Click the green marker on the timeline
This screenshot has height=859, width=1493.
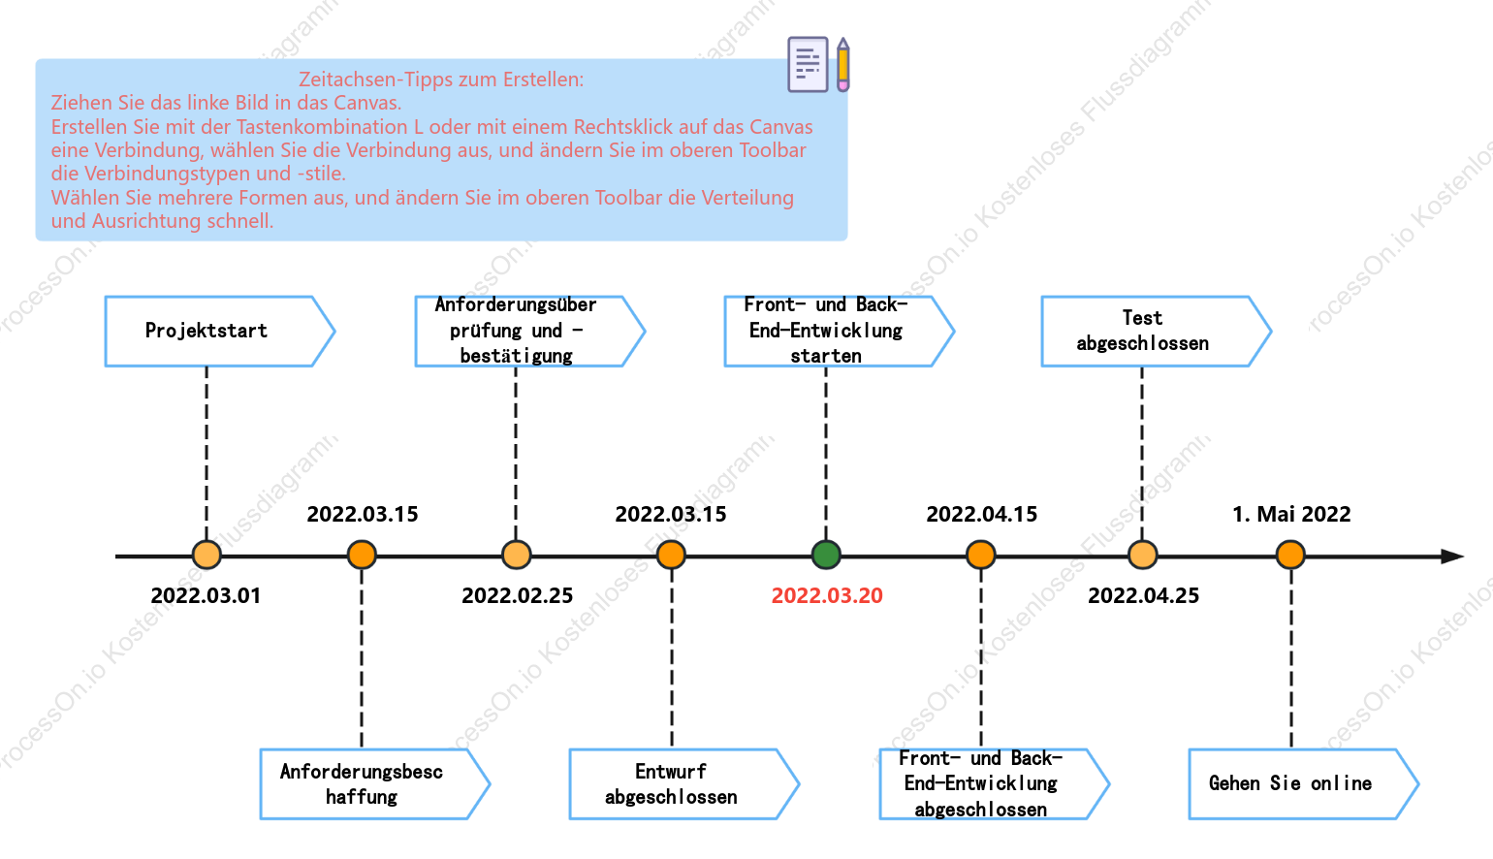click(x=826, y=556)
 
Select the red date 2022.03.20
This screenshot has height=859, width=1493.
click(x=827, y=595)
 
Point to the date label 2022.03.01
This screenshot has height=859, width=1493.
click(x=206, y=595)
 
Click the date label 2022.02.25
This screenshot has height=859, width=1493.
click(x=518, y=595)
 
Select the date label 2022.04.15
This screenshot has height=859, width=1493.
click(x=982, y=514)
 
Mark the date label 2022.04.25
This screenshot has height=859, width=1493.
click(x=1144, y=595)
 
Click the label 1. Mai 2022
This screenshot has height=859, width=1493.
click(x=1291, y=514)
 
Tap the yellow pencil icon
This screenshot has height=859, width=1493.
click(x=843, y=64)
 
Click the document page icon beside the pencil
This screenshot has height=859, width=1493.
click(x=808, y=64)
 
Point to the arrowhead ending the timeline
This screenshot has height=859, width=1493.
click(x=1453, y=556)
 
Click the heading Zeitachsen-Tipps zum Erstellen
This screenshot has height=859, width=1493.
click(x=440, y=80)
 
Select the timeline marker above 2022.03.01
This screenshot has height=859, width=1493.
click(x=206, y=556)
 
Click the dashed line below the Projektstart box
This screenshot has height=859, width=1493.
click(x=206, y=454)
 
